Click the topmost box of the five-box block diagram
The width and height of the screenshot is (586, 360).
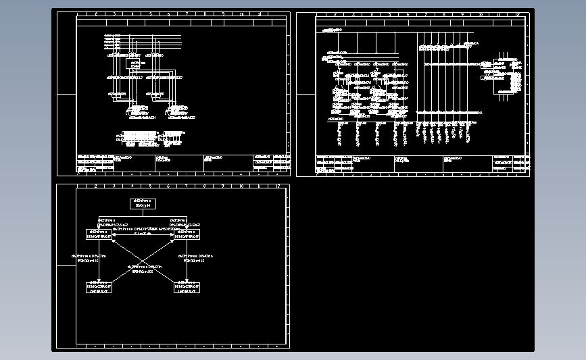[143, 203]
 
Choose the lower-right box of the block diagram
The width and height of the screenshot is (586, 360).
[187, 288]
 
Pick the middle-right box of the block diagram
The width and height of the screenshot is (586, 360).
[187, 234]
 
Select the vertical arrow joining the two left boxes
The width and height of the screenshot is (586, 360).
[99, 261]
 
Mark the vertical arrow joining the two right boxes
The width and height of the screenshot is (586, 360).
[187, 261]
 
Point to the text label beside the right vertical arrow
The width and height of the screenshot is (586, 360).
[196, 258]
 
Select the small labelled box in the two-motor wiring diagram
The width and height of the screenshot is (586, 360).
[138, 64]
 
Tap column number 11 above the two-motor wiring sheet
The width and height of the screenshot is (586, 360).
[260, 14]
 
